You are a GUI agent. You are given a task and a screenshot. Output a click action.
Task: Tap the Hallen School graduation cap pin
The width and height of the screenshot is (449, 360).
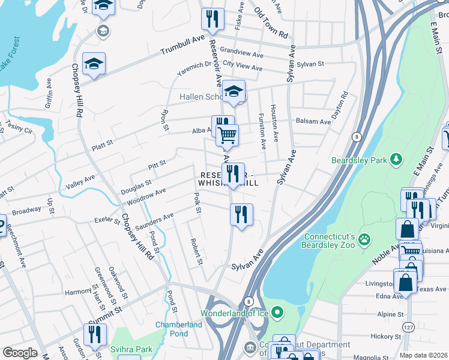[235, 92]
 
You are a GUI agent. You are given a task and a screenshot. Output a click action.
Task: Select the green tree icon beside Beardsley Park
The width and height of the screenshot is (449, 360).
[396, 160]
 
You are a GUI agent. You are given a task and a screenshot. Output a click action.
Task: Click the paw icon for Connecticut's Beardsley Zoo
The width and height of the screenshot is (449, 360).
[364, 241]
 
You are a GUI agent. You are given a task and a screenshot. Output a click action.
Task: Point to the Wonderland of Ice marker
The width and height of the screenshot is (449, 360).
[277, 312]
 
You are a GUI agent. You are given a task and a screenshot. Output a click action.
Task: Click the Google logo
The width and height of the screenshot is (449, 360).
[20, 353]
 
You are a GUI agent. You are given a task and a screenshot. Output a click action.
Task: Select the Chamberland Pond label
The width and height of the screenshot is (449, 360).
[179, 329]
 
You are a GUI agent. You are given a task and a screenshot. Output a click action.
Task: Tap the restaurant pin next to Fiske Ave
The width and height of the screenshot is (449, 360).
[212, 19]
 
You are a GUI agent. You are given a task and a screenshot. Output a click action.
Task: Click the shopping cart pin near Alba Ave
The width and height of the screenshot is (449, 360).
[228, 135]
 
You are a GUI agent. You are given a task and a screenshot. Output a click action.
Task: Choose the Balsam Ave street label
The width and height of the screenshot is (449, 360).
[313, 122]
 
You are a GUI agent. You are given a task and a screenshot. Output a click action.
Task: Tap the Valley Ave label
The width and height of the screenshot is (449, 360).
[80, 182]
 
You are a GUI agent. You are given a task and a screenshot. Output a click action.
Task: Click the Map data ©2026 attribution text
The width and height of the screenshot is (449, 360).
[423, 355]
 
